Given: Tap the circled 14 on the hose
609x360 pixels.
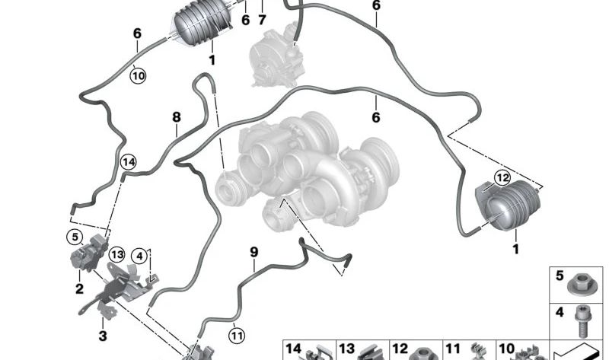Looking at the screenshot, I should (129, 161).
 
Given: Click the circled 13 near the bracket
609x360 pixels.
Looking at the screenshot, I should (116, 253).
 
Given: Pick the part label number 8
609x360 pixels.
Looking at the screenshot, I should (177, 117).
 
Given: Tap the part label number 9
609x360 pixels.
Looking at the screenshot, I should (253, 250).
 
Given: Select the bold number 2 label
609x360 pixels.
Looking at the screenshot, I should (79, 288).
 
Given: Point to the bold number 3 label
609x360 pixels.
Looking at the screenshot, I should (104, 335).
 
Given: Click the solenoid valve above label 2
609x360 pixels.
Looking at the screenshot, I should (87, 251).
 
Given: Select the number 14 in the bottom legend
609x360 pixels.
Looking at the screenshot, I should (294, 349).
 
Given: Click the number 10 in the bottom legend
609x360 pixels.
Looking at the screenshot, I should (506, 349).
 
